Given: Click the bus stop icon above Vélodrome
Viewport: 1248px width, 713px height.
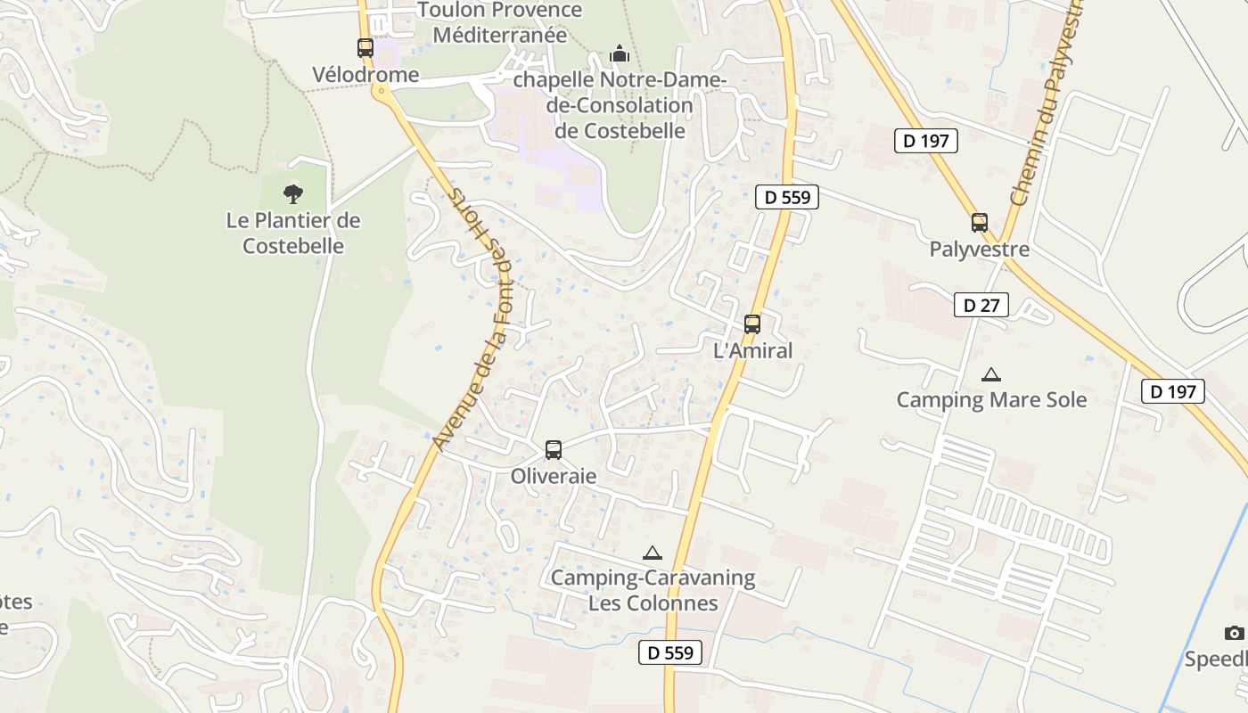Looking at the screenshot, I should (365, 48).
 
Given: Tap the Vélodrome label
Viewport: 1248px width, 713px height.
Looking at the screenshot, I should (365, 75).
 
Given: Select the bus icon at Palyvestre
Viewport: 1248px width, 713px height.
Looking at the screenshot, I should (980, 223).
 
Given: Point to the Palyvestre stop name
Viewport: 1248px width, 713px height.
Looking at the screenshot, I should (980, 250).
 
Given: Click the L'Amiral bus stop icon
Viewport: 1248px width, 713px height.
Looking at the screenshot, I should (752, 324).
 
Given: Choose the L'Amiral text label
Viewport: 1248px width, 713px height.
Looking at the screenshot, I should (753, 351).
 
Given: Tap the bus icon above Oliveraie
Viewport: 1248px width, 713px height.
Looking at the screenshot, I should (554, 450).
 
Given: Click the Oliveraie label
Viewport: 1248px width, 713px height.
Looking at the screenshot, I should (554, 477).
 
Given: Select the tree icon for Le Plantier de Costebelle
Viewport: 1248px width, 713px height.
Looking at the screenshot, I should (292, 193).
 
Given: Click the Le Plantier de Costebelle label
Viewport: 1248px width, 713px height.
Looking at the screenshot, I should (293, 233).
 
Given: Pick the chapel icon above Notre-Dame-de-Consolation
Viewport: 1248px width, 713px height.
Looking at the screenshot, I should (620, 54).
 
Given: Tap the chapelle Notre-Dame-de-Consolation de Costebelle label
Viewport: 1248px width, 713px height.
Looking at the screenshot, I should (620, 105).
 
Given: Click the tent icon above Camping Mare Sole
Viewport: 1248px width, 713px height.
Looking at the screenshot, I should (990, 374).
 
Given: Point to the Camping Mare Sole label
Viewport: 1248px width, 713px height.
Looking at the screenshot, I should (991, 400).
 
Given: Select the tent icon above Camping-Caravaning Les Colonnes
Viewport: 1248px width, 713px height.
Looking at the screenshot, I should (653, 553).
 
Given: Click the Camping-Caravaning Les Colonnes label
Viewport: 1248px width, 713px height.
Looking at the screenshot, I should (653, 590).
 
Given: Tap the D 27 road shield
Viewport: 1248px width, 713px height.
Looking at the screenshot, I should (981, 306).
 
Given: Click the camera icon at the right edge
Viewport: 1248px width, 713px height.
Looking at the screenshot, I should (1234, 633).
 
